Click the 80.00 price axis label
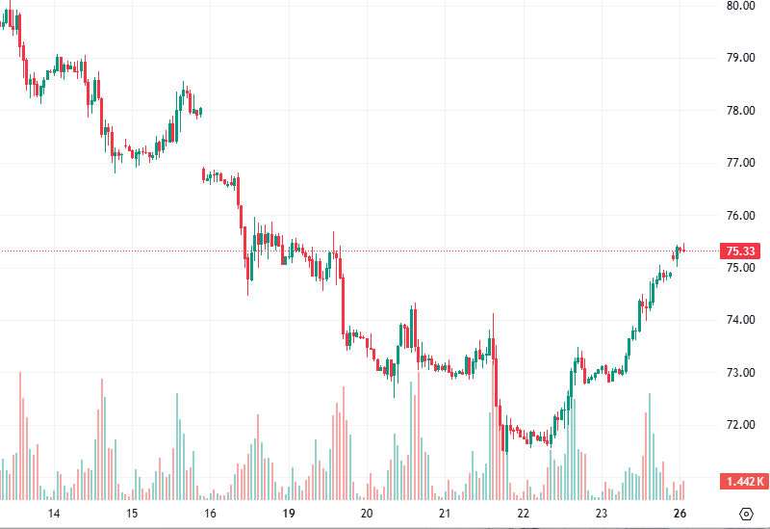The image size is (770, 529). tap(740, 6)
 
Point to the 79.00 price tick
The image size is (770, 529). tap(740, 58)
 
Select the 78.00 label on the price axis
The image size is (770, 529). tap(740, 110)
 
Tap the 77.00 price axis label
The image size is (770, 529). tap(740, 163)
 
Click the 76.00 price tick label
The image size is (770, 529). tap(740, 215)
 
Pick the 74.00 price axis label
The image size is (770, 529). tap(740, 320)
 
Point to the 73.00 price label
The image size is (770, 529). tap(740, 373)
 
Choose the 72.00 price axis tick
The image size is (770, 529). tap(740, 425)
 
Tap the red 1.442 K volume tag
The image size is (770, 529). tap(744, 481)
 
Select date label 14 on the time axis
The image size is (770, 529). tap(54, 514)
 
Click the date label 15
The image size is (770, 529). tap(132, 514)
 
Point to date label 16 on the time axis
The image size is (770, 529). tap(210, 514)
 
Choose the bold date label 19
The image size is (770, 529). tap(288, 514)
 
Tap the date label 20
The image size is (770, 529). tap(366, 514)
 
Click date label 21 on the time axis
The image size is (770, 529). tap(444, 514)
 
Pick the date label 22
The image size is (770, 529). tap(523, 514)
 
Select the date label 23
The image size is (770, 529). tap(601, 514)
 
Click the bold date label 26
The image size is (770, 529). tap(679, 514)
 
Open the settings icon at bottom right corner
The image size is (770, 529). tap(746, 513)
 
